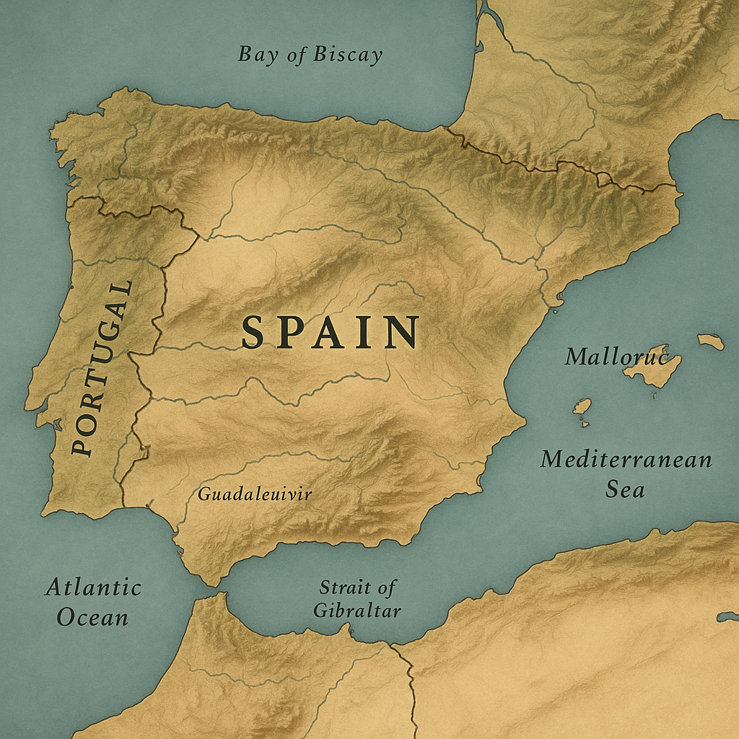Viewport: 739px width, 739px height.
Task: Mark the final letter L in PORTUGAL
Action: coord(122,289)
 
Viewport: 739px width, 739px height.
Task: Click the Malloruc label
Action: coord(616,357)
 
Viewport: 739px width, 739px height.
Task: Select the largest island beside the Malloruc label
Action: coord(653,368)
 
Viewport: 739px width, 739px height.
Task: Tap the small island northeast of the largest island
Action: coord(711,341)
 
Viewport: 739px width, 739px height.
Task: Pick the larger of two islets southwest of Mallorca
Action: coord(582,406)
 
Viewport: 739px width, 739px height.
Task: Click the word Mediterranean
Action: coord(626,460)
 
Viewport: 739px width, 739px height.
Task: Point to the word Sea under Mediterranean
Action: coord(624,490)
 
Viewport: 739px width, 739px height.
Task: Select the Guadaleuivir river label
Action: coord(254,494)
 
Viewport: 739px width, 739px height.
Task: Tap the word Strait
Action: coord(357,587)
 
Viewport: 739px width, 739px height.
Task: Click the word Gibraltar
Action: coord(357,611)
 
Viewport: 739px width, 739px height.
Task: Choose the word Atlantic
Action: coord(93,587)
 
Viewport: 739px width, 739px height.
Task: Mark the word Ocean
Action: coord(93,618)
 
